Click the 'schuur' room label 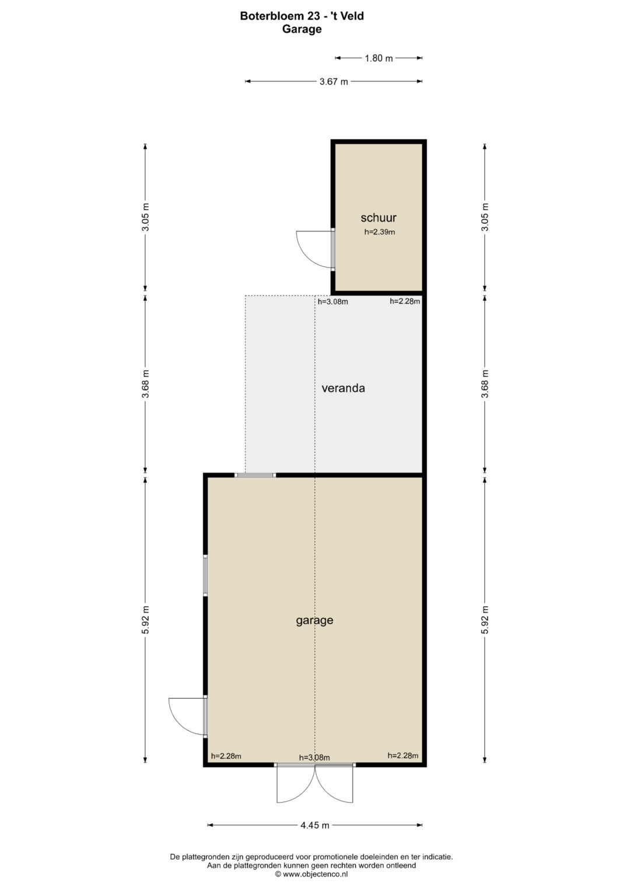point(378,218)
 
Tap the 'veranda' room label point(343,388)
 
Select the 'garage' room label point(314,620)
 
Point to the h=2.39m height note point(379,232)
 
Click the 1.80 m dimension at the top point(379,58)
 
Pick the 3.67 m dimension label point(334,82)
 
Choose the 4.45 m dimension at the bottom point(314,825)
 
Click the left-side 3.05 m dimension point(146,217)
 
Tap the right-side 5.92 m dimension point(484,620)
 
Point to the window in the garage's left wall point(205,575)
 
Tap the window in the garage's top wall point(255,475)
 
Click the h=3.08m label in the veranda point(333,301)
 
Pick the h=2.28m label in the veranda point(404,301)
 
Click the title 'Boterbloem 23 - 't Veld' point(302,16)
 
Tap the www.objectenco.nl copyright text point(311,874)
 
